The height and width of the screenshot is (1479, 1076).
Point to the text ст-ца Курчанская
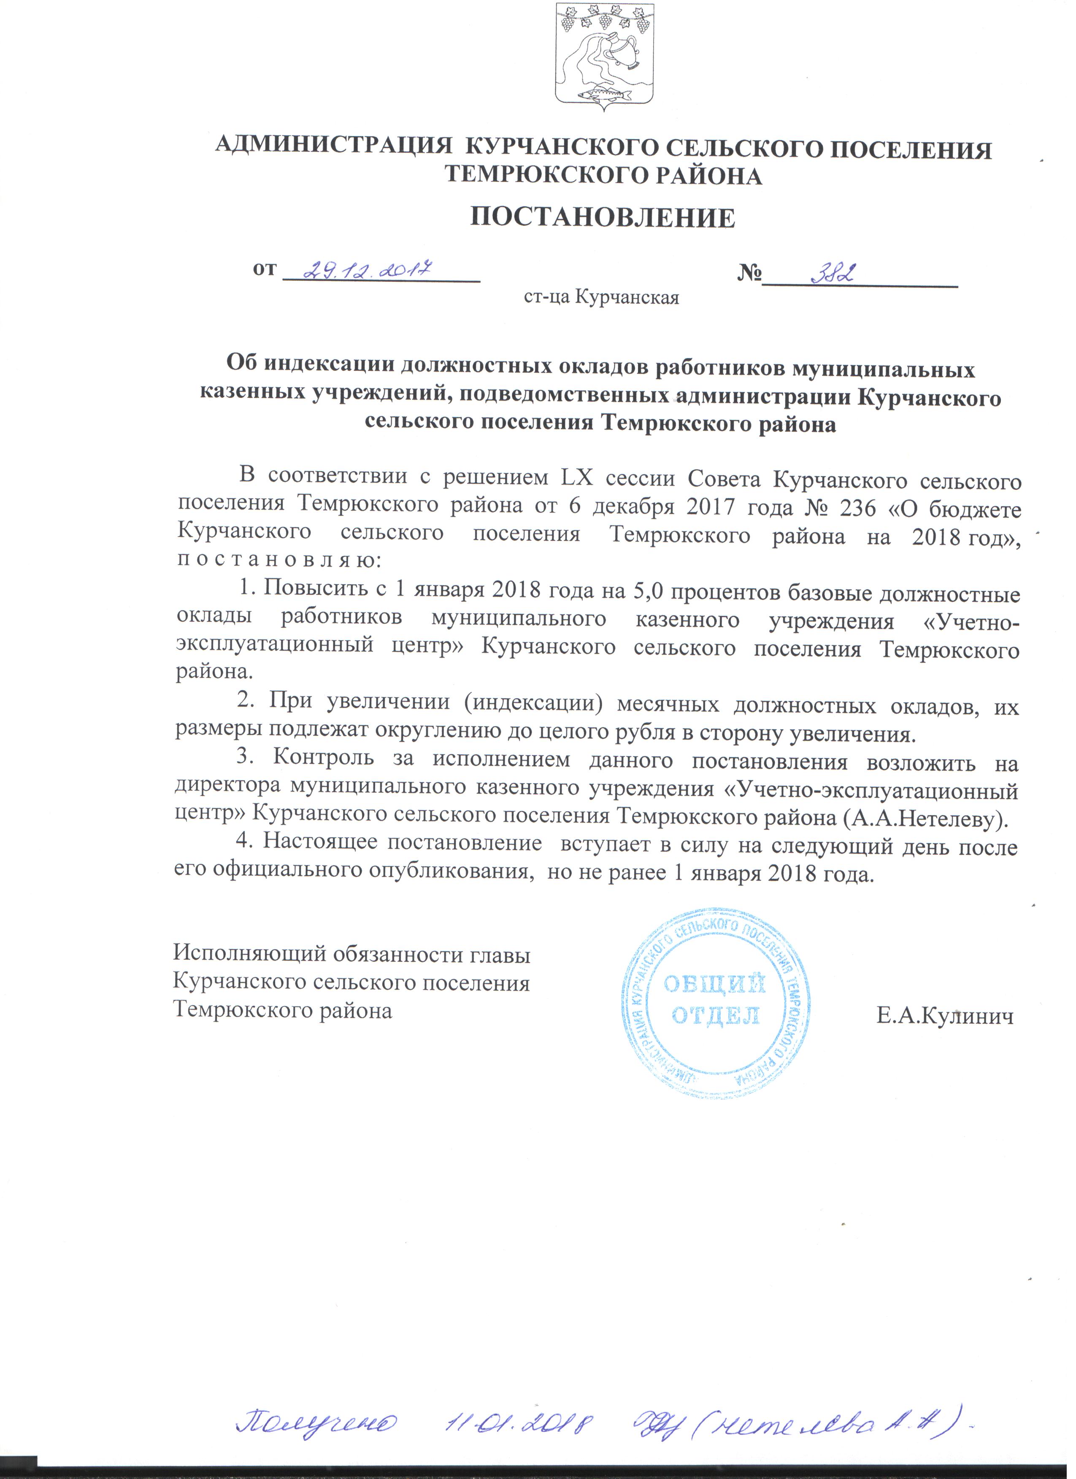point(601,298)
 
